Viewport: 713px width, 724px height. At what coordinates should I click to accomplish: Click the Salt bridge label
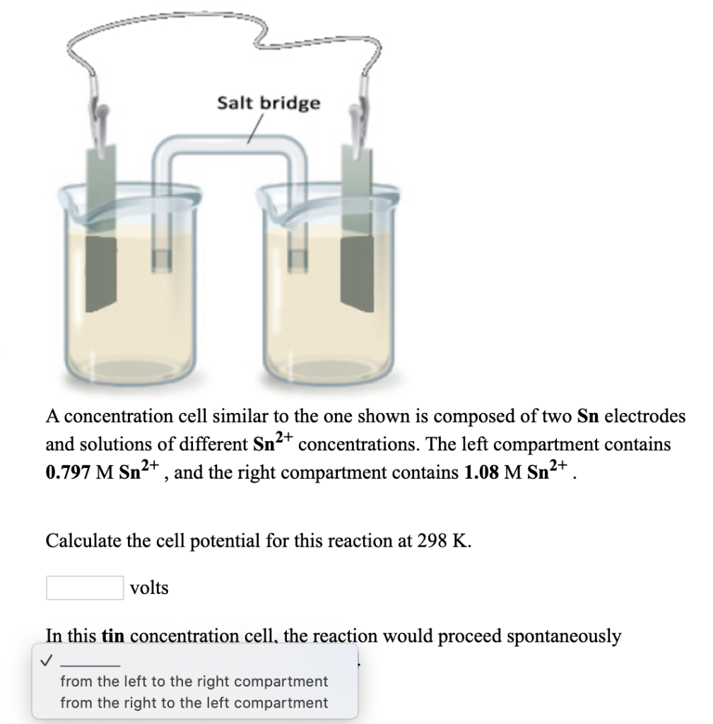click(268, 103)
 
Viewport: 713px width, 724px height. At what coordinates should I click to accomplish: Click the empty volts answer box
click(85, 588)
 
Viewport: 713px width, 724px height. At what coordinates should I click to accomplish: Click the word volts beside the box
click(150, 588)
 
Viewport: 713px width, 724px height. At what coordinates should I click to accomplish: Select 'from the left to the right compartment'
click(194, 682)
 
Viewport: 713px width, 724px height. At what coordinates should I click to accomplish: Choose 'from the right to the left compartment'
click(194, 703)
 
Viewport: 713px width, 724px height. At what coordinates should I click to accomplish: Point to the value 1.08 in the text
click(481, 472)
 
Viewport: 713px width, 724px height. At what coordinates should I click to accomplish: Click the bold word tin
click(113, 636)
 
